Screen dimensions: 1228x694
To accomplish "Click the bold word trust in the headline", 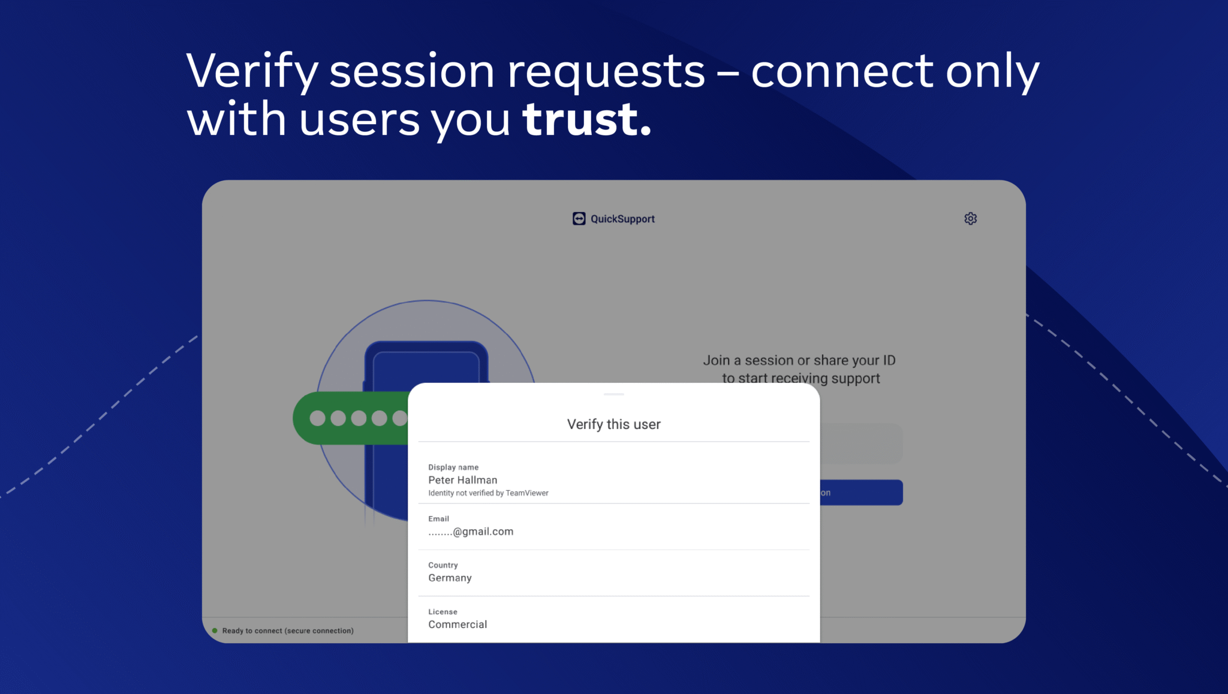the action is [x=586, y=119].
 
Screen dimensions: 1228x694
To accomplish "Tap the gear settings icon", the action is [x=971, y=219].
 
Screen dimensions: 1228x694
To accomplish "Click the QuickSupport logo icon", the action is [x=579, y=219].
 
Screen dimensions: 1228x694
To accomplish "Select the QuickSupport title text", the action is [x=622, y=219].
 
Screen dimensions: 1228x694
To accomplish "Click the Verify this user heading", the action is [x=614, y=424].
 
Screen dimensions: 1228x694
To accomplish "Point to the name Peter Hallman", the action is [x=463, y=480].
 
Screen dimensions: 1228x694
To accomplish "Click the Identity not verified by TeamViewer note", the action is [x=488, y=493].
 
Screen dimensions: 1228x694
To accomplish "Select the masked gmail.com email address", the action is [x=471, y=532].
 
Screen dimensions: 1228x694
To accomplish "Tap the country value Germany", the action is [x=450, y=578].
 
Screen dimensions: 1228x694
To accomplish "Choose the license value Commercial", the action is [x=458, y=624].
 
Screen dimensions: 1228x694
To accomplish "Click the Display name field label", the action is [x=453, y=467].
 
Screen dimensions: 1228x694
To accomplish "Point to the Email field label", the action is [x=438, y=519].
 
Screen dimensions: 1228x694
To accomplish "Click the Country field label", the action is [x=443, y=565].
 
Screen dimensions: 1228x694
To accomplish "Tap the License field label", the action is [x=443, y=612].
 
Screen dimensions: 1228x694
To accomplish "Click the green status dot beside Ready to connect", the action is [x=215, y=630].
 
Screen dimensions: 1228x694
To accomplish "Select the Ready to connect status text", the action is [x=288, y=631].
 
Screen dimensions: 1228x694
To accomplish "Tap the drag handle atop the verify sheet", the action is [x=614, y=394].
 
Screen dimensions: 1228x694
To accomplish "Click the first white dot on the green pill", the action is [x=317, y=418].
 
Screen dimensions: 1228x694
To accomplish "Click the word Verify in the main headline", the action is [x=252, y=71].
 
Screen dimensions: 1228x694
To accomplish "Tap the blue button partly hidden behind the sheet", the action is [x=861, y=493].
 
